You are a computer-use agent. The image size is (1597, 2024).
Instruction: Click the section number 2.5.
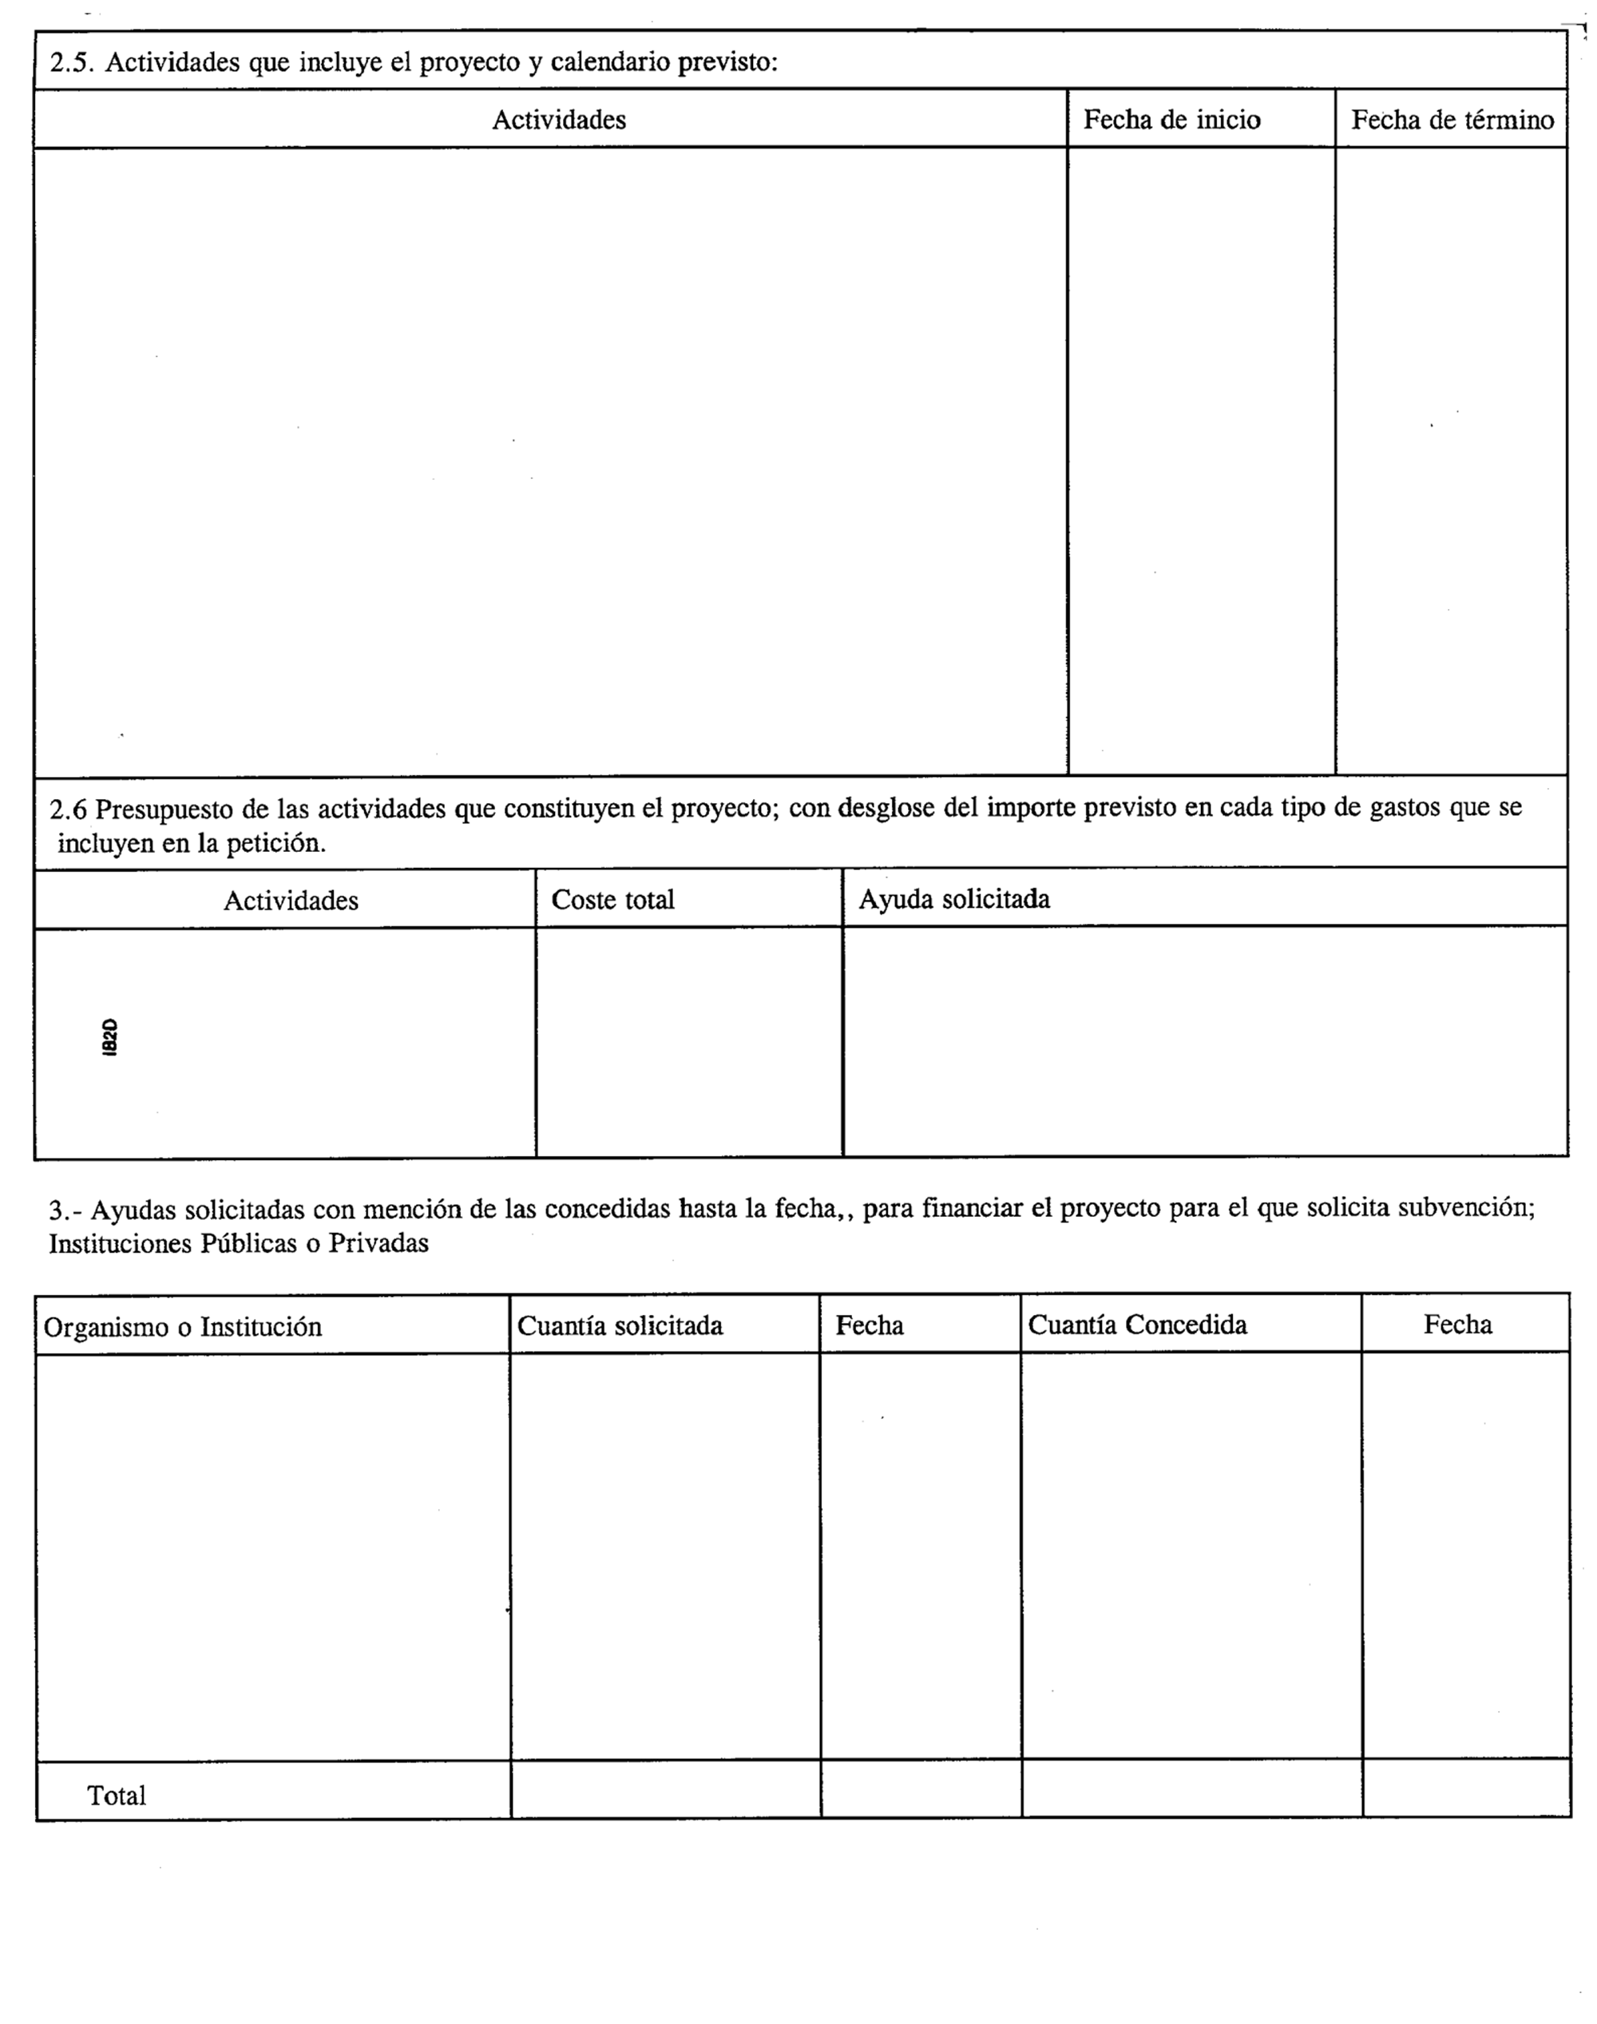(x=73, y=62)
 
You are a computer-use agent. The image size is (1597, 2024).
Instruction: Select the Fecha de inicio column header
(x=1171, y=120)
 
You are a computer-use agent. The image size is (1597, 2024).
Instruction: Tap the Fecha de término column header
(x=1452, y=120)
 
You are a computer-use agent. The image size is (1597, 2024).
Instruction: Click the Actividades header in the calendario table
(x=559, y=120)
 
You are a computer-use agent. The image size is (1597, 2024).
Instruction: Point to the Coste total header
(x=612, y=899)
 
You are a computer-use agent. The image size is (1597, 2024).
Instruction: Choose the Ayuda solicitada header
(x=953, y=899)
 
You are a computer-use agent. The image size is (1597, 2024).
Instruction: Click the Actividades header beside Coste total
(x=291, y=901)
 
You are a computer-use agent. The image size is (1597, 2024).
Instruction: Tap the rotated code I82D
(x=109, y=1038)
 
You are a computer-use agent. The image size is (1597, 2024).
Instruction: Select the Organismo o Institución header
(x=184, y=1327)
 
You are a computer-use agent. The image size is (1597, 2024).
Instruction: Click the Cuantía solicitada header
(x=620, y=1325)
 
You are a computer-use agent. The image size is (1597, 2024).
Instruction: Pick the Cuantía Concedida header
(x=1137, y=1325)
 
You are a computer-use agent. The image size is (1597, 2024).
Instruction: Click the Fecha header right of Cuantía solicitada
(x=870, y=1325)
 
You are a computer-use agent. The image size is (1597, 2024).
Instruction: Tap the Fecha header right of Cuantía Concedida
(x=1458, y=1325)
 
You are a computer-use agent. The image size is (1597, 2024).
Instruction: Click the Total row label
(x=117, y=1795)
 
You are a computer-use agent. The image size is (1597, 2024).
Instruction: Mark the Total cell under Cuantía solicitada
(x=666, y=1788)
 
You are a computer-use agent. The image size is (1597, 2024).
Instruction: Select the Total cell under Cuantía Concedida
(x=1192, y=1788)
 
